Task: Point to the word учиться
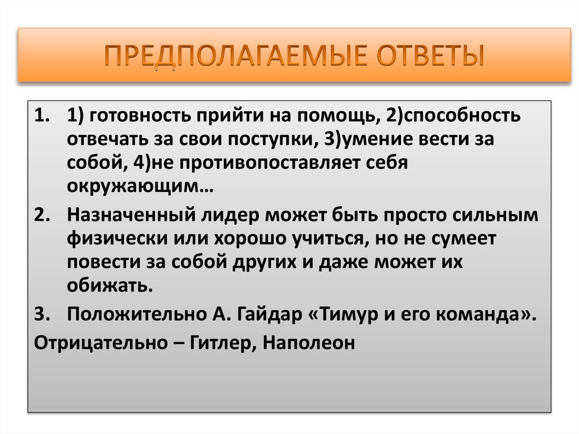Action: [x=321, y=239]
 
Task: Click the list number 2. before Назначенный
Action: [x=43, y=216]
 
